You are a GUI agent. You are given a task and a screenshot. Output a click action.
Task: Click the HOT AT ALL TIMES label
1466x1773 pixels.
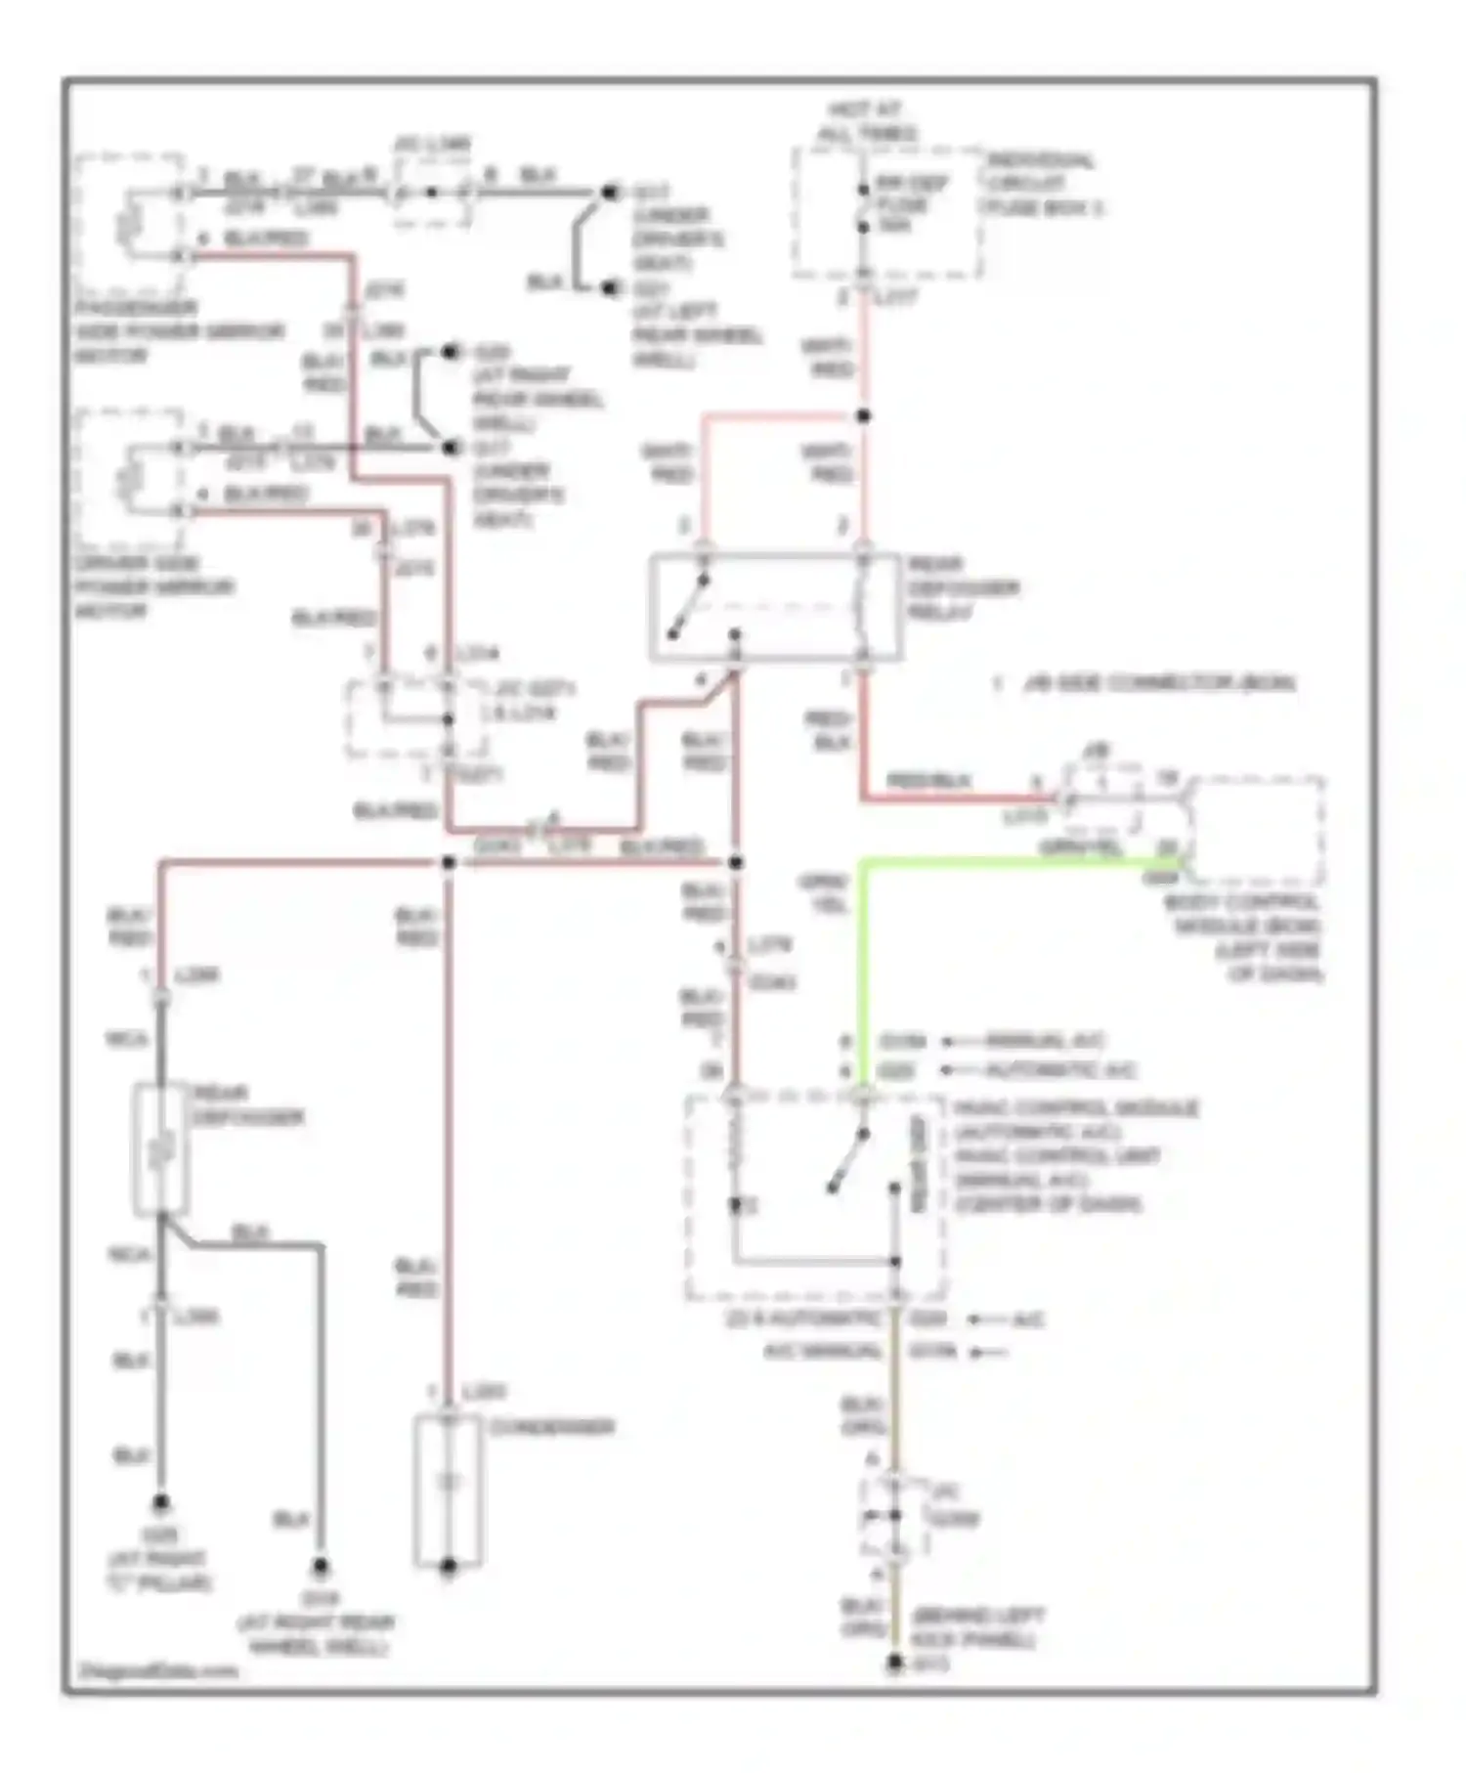point(866,122)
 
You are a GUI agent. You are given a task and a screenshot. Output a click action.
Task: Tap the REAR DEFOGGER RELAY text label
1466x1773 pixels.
point(962,588)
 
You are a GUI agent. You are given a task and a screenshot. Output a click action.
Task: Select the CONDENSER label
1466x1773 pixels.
point(551,1428)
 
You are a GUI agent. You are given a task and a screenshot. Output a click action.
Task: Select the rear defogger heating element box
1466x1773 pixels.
point(160,1150)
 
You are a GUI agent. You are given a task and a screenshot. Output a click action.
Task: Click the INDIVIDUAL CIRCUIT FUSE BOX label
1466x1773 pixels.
point(1042,184)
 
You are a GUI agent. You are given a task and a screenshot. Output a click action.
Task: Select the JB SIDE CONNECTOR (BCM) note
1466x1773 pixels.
point(1157,683)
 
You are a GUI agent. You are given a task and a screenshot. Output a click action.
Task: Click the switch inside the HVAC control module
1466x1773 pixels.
point(847,1161)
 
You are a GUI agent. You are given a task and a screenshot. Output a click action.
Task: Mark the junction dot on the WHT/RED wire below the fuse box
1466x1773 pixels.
point(863,416)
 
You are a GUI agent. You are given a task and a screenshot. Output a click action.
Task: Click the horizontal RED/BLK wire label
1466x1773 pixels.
point(927,781)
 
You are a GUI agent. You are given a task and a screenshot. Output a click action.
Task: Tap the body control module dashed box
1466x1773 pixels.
point(1255,831)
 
